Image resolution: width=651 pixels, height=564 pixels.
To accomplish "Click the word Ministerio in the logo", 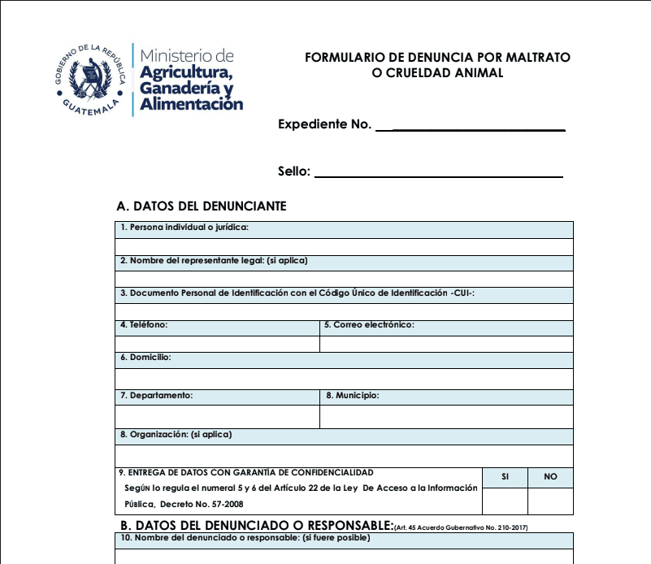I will click(187, 56).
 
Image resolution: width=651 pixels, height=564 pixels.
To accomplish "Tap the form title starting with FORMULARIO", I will click(437, 65).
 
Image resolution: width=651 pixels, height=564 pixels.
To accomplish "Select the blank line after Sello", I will click(438, 172).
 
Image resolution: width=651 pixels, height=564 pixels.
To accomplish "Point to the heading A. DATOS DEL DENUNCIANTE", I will click(202, 206).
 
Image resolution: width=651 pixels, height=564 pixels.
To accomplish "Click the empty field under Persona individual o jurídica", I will click(345, 247).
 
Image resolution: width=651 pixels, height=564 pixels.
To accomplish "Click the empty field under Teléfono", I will click(217, 344).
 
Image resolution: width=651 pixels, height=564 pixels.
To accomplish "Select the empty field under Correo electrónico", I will click(446, 344).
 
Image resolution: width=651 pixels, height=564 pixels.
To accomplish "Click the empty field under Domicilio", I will click(345, 379).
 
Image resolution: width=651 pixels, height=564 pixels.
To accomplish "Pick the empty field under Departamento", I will click(217, 416).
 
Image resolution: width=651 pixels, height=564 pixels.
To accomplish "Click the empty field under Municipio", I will click(446, 416).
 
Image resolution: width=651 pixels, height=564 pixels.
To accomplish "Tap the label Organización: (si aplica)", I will click(176, 435).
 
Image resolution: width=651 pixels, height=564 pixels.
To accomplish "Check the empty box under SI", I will click(505, 501).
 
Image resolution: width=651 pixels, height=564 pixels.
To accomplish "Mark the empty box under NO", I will click(550, 501).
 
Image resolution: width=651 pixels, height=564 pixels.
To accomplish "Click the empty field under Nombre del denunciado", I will click(345, 556).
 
